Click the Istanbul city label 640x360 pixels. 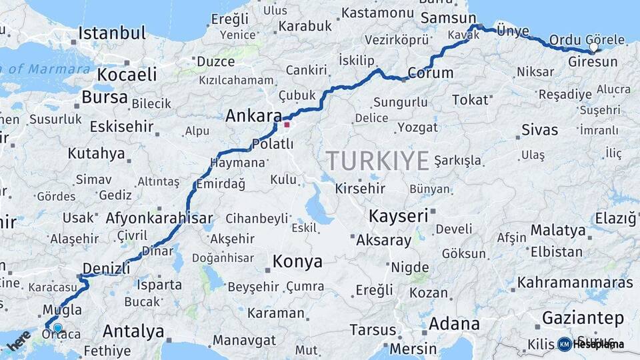(x=111, y=33)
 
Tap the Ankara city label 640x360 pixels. (x=253, y=115)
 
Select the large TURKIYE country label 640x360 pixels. (x=377, y=161)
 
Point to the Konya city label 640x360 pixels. (x=298, y=261)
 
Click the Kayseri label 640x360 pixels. (x=398, y=215)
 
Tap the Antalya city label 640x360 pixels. (x=133, y=331)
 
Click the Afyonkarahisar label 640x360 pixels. (x=159, y=218)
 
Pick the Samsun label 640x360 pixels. (x=448, y=19)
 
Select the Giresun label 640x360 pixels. (x=593, y=62)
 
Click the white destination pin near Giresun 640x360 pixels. (x=593, y=47)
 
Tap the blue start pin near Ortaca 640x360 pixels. (x=58, y=328)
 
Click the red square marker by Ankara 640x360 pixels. (x=287, y=124)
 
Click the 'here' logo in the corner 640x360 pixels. (x=19, y=341)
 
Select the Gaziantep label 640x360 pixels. (x=583, y=317)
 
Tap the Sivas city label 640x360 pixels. (x=539, y=129)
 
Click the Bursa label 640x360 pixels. (x=104, y=97)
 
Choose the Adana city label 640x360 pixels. (x=453, y=324)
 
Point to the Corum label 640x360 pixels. (x=430, y=73)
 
